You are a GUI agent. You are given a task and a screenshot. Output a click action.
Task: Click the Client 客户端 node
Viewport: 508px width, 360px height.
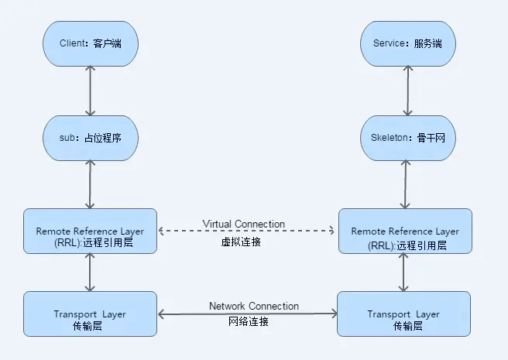[91, 43]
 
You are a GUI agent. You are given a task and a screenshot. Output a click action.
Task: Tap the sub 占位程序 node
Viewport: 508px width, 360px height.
[91, 138]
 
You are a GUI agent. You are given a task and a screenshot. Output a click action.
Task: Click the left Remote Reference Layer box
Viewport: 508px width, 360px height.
[90, 231]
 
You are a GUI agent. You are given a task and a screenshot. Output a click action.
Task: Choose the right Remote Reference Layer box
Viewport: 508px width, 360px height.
[405, 231]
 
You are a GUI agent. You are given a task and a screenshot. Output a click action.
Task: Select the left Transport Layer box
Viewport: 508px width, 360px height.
[90, 314]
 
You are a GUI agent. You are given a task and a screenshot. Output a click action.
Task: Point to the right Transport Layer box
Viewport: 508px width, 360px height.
[403, 314]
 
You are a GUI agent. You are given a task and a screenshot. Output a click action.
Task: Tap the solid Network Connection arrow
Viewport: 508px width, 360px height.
[247, 314]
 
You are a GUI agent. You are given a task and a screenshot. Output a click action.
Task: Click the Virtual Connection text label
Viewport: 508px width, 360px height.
[244, 224]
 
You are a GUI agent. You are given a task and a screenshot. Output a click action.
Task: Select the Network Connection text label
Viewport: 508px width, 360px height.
[254, 306]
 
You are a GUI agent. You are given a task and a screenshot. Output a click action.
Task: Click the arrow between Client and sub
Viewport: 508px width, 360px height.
[91, 91]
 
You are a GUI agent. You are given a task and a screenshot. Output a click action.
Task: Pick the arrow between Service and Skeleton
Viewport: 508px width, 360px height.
[403, 91]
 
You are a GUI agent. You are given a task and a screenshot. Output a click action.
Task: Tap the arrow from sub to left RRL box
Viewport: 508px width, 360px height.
[91, 184]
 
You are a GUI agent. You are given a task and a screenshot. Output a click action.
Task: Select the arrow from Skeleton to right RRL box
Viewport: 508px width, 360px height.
[403, 184]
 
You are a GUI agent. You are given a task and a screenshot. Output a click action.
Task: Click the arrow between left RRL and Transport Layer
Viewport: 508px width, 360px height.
[91, 272]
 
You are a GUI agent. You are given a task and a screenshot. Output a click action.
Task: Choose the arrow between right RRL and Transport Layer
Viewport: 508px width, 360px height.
[403, 272]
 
